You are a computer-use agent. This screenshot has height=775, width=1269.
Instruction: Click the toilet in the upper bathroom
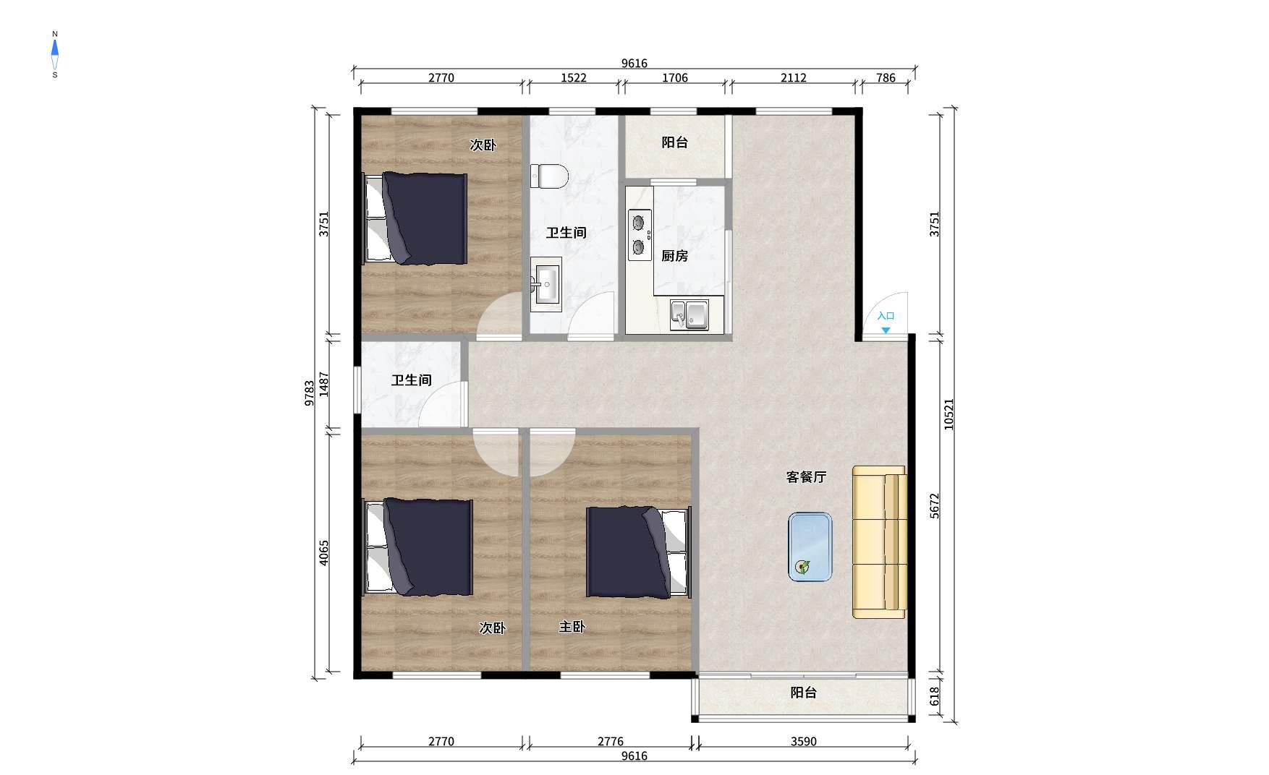549,176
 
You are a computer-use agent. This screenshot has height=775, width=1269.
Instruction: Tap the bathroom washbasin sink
546,284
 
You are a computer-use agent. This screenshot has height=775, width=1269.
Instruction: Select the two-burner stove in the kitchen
640,235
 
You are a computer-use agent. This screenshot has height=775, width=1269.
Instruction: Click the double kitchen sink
689,314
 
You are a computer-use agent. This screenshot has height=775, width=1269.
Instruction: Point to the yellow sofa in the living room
879,542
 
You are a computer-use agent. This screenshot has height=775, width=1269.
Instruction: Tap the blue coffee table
810,547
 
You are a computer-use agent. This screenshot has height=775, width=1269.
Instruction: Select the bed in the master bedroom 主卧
638,553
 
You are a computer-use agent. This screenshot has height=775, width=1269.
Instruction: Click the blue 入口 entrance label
886,316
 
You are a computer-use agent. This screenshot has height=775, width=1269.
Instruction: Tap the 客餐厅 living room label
806,477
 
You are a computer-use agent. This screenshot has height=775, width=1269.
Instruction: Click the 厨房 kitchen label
674,256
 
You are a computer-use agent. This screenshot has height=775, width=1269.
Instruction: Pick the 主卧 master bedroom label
572,627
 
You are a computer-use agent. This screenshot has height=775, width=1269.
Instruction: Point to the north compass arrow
55,49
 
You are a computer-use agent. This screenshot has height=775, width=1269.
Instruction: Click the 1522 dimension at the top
574,78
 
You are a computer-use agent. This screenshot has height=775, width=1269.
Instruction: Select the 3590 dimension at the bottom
803,742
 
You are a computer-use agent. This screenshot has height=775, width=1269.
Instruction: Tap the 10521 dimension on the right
948,414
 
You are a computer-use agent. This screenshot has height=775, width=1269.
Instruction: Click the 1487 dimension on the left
324,384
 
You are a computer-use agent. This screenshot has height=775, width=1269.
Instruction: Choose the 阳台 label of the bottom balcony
803,693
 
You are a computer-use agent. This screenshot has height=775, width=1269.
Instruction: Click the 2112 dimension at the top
793,78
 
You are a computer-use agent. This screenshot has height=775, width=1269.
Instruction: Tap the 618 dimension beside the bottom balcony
934,696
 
